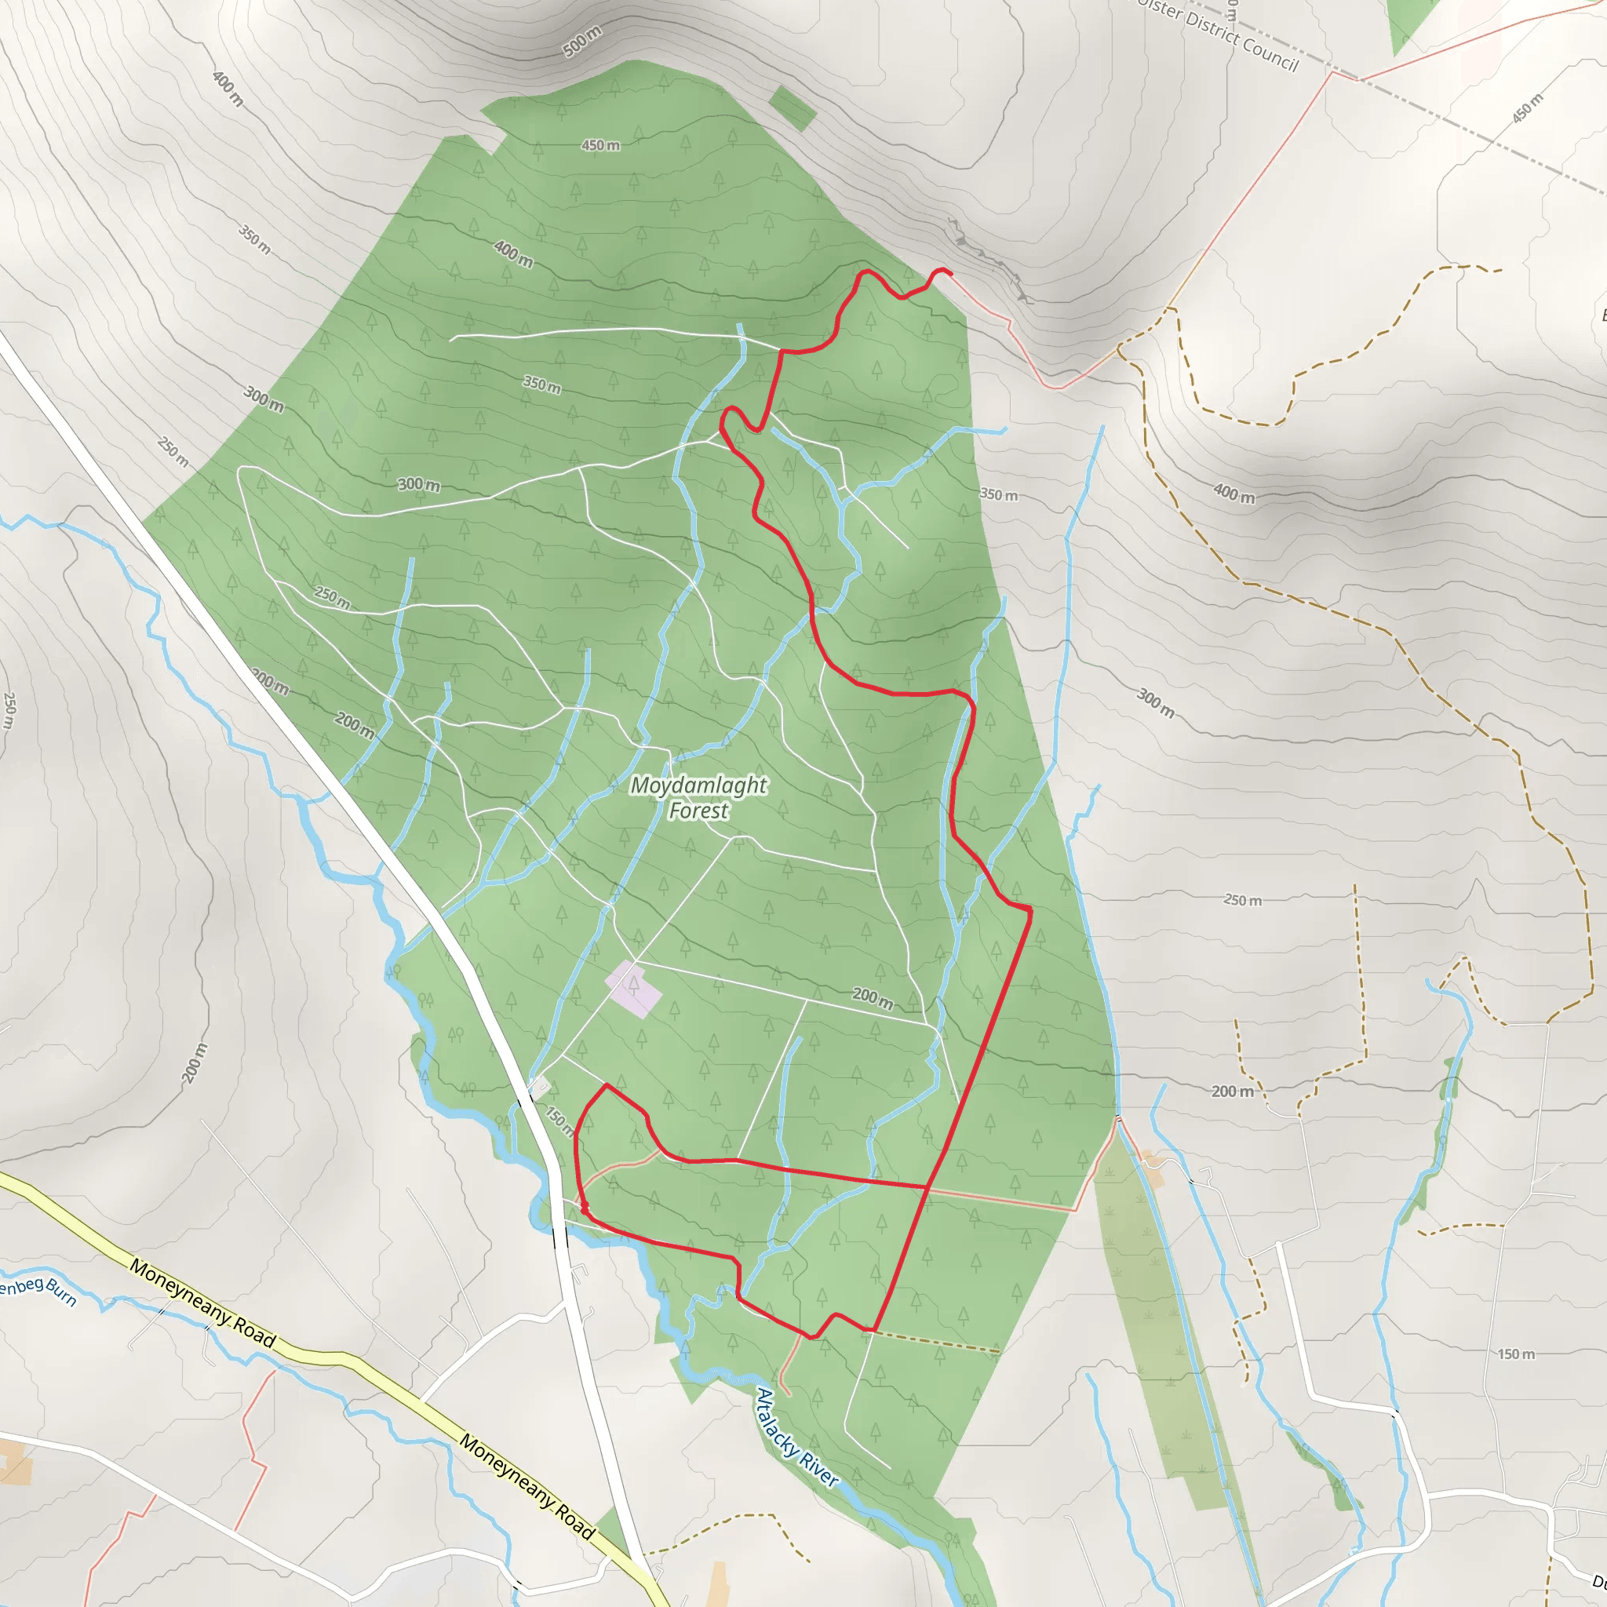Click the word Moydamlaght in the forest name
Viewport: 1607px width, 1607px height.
698,785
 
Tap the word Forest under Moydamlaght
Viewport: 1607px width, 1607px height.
698,811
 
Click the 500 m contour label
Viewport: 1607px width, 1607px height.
582,42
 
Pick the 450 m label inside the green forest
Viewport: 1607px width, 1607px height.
599,146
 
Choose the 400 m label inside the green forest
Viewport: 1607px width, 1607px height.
513,253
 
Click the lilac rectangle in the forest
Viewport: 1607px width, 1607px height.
634,989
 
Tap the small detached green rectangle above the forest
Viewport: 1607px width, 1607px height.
792,109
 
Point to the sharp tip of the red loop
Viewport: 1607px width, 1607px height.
607,1085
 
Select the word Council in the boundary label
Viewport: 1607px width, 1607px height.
1270,52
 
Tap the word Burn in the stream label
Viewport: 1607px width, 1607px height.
60,1292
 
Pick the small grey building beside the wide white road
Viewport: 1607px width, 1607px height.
541,1084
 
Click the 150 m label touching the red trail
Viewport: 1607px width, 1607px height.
560,1121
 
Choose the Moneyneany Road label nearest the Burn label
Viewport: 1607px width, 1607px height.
202,1303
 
